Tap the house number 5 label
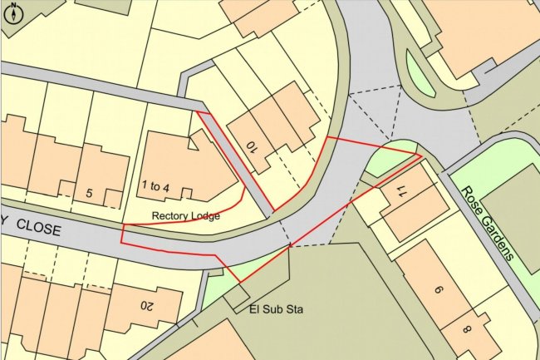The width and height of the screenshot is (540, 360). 91,194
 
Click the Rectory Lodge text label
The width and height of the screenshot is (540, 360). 185,216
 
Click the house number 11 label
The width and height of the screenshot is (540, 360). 401,194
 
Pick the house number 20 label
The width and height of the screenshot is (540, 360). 146,305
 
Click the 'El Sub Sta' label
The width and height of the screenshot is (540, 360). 277,310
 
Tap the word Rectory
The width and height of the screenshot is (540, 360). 169,216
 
